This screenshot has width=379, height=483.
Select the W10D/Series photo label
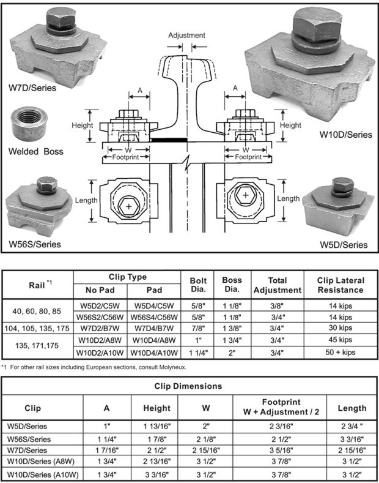tap(346, 135)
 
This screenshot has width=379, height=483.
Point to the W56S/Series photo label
tap(35, 244)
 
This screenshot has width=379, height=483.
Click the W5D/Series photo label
tap(344, 244)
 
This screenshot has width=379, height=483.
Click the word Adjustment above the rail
tap(186, 35)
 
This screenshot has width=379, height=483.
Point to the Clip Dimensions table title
tap(189, 386)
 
